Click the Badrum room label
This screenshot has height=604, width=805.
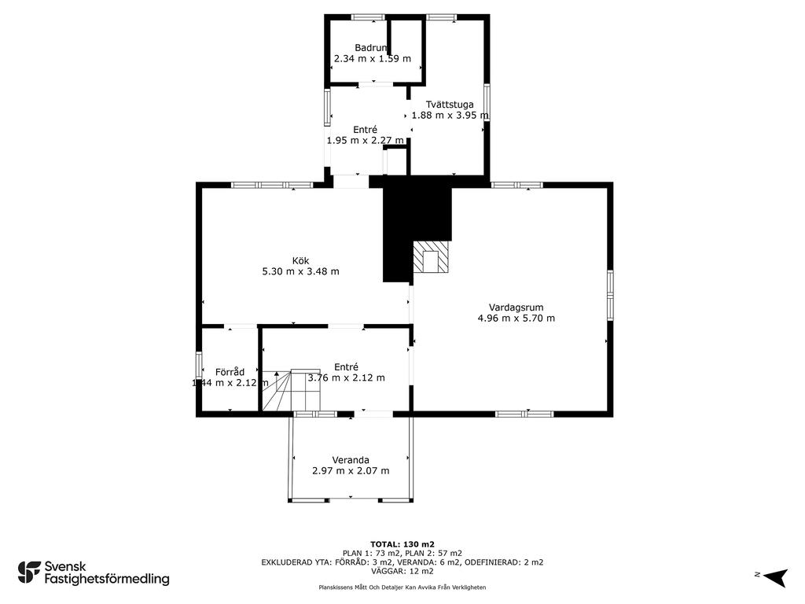(x=371, y=48)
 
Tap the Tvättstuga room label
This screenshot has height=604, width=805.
(x=449, y=105)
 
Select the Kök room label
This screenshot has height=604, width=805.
(x=300, y=261)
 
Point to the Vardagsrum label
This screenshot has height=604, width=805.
(x=516, y=308)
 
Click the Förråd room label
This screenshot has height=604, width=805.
(x=230, y=372)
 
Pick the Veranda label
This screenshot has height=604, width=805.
(x=350, y=460)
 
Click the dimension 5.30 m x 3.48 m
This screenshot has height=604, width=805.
(x=300, y=271)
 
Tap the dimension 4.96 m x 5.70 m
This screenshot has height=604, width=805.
(x=516, y=319)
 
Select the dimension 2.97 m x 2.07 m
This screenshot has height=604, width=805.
(x=351, y=471)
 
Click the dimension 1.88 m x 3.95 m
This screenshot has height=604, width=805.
(x=450, y=116)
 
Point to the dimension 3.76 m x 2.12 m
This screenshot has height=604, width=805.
(x=346, y=378)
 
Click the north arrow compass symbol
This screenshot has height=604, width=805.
(x=775, y=577)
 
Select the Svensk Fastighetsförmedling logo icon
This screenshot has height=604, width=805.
(x=29, y=573)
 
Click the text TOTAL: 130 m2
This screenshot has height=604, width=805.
(x=402, y=544)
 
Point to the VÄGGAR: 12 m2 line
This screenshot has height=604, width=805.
(x=402, y=571)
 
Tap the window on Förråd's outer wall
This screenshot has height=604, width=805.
(x=199, y=365)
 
